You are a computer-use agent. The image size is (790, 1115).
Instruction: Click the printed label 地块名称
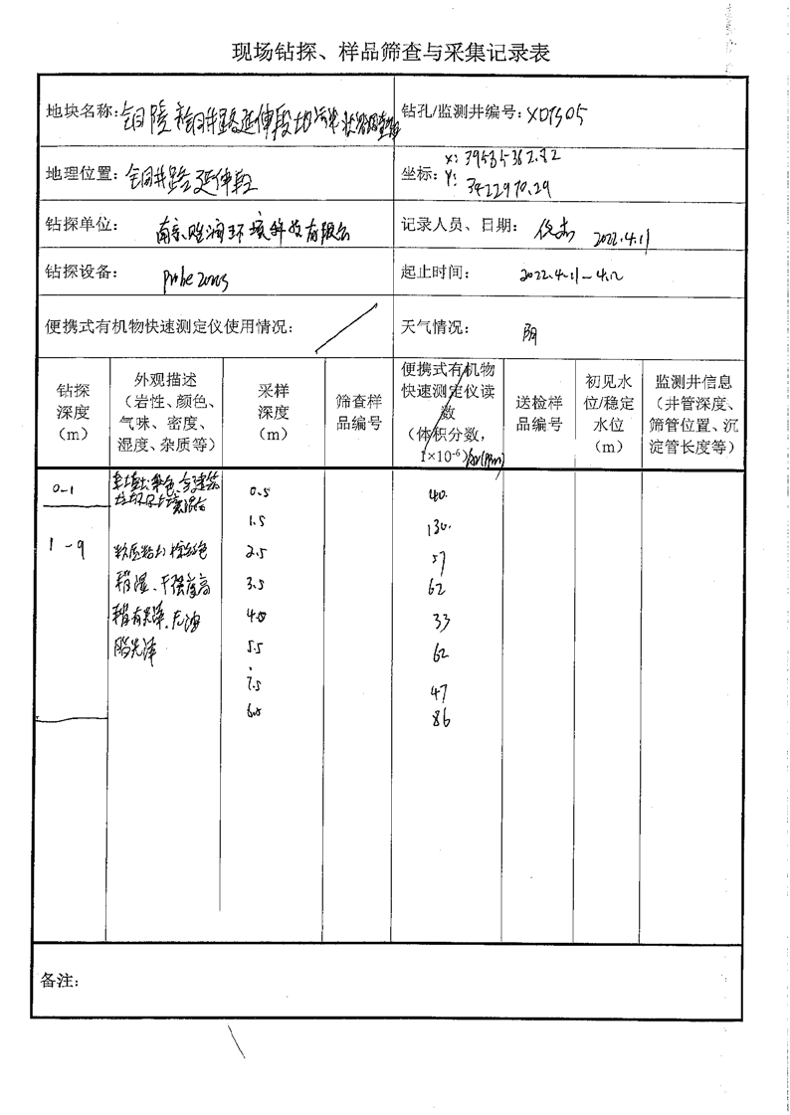[79, 110]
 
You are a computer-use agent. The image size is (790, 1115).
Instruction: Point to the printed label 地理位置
[79, 174]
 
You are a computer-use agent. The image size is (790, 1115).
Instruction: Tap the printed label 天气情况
[433, 326]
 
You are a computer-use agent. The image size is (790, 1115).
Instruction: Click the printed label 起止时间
[433, 272]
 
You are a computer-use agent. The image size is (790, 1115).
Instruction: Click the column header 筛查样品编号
[359, 412]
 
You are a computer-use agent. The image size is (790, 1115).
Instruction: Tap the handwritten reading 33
[442, 623]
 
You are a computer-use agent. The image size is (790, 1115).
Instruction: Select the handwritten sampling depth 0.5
[261, 490]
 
